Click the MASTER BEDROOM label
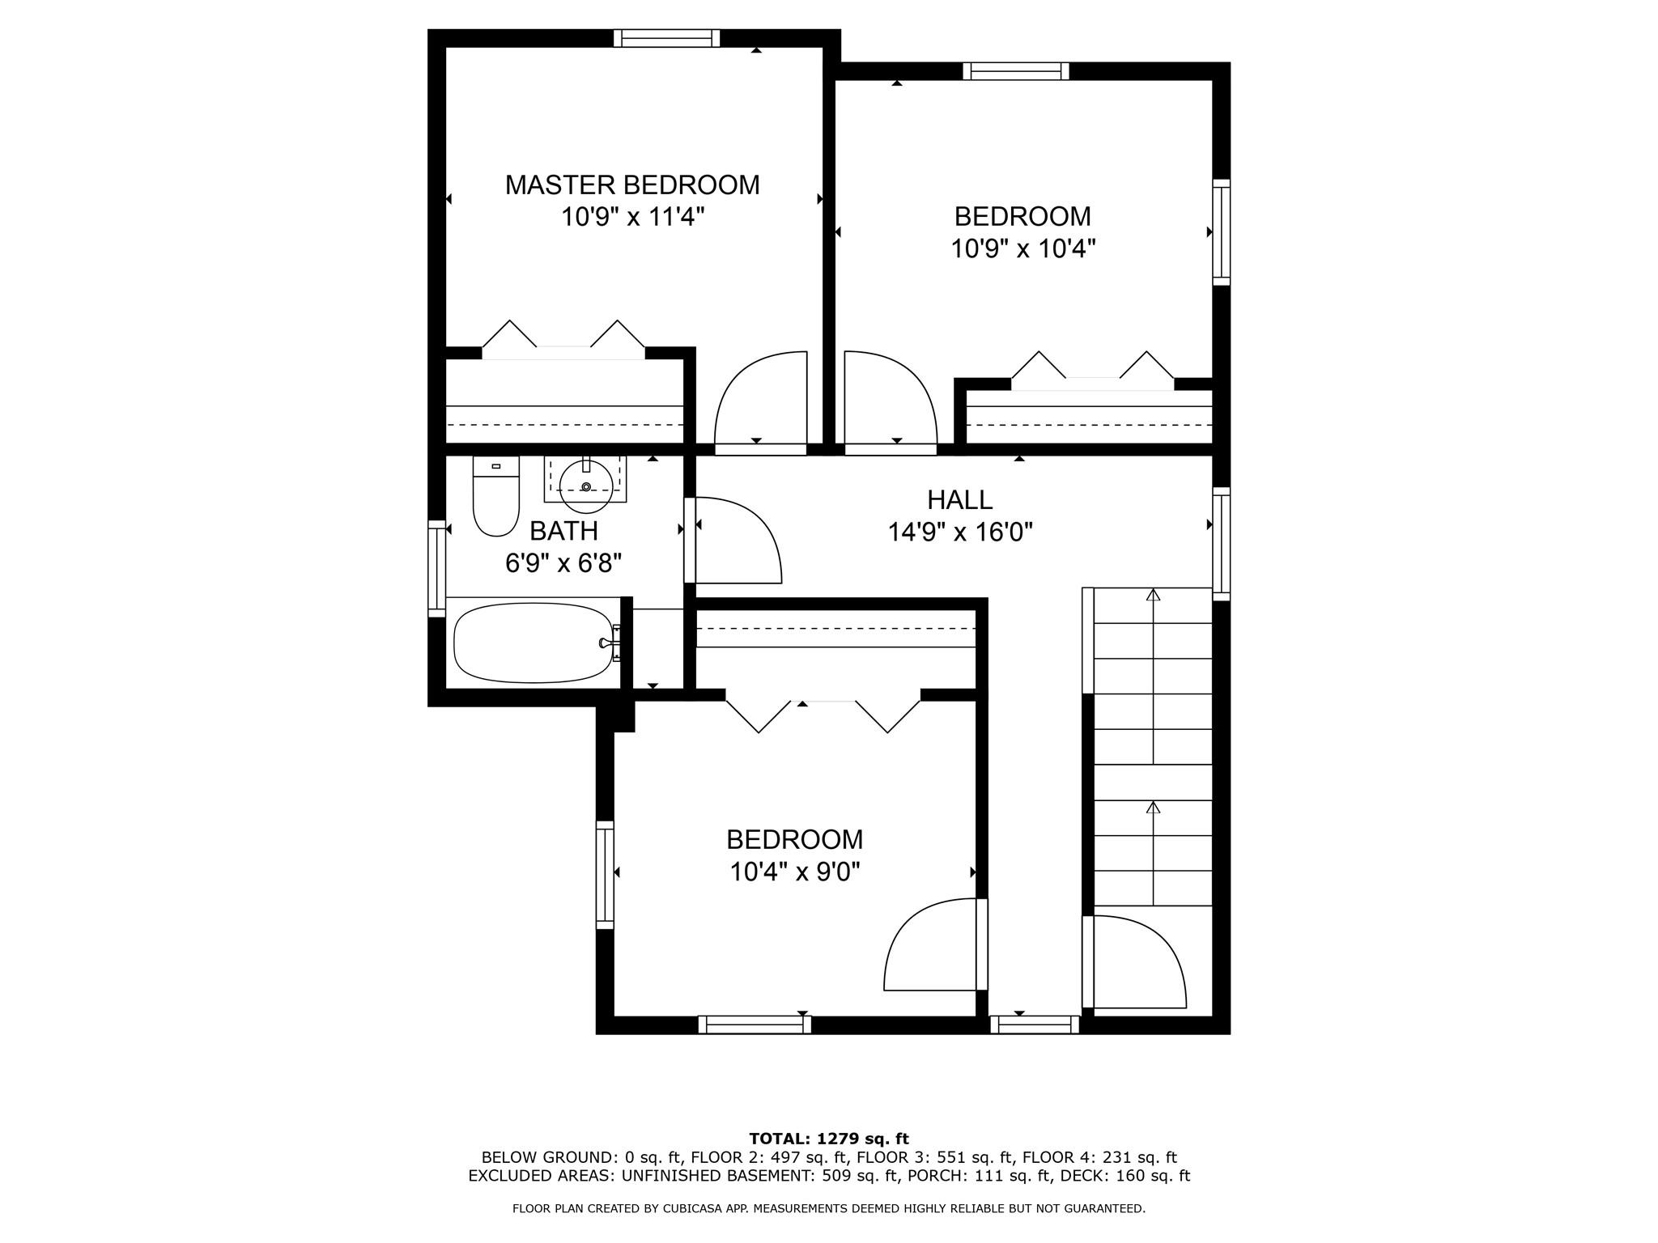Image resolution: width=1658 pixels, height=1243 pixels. [632, 185]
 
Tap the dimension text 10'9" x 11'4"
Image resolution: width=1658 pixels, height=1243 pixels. [633, 217]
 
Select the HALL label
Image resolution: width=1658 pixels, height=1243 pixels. [960, 500]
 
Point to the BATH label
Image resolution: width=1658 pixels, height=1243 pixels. [563, 531]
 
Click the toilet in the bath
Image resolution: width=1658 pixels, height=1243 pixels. [495, 495]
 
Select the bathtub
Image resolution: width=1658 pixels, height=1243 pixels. [534, 644]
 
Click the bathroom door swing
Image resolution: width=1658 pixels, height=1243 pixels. [738, 540]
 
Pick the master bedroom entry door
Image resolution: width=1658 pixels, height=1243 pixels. [760, 399]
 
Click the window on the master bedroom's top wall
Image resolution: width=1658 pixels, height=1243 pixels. [666, 38]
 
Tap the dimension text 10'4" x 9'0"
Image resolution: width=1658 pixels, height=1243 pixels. [794, 872]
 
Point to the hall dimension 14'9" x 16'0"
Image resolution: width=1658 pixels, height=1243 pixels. [960, 532]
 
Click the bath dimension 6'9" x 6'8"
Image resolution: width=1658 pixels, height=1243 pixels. [563, 562]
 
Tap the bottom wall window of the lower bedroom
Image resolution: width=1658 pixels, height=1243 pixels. [755, 1025]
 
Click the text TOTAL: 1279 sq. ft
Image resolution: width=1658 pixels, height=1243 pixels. [829, 1139]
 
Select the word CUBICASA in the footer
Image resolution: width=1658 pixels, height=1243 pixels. [713, 1209]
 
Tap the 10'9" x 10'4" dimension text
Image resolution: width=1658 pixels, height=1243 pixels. [1023, 248]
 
